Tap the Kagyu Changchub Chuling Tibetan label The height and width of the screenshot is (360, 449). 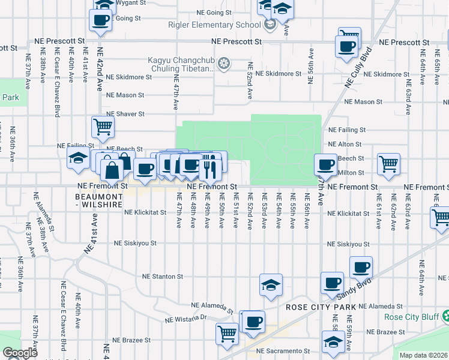(181, 64)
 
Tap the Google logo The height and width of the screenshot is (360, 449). (20, 353)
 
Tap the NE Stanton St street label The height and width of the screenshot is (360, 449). (163, 277)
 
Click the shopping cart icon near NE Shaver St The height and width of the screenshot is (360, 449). (103, 127)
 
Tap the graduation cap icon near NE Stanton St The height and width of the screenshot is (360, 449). (271, 284)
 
